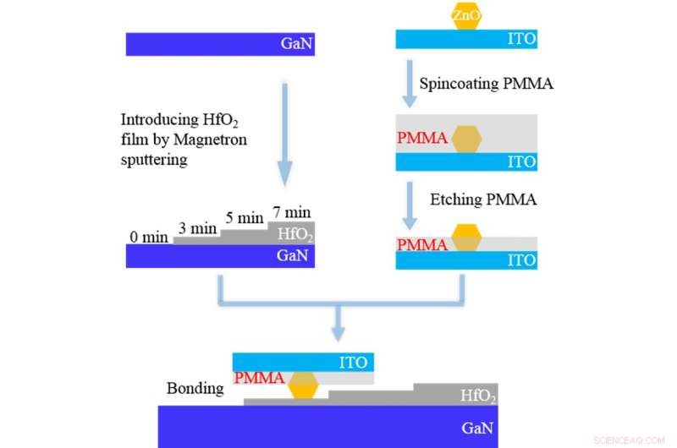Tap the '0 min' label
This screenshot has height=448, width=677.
click(149, 237)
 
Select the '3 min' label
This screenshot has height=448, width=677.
click(198, 228)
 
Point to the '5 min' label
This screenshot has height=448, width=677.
click(244, 218)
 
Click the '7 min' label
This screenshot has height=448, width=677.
click(290, 210)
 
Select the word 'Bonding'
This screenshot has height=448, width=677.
click(195, 389)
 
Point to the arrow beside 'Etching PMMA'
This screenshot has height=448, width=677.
click(409, 202)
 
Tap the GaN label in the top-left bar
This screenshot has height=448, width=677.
click(295, 44)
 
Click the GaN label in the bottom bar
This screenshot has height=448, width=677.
click(478, 427)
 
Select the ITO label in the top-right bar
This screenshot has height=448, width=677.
click(520, 39)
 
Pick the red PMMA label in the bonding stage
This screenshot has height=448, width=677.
click(259, 378)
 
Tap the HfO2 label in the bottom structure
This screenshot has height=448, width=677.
click(478, 396)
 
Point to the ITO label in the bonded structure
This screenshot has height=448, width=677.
click(353, 363)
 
